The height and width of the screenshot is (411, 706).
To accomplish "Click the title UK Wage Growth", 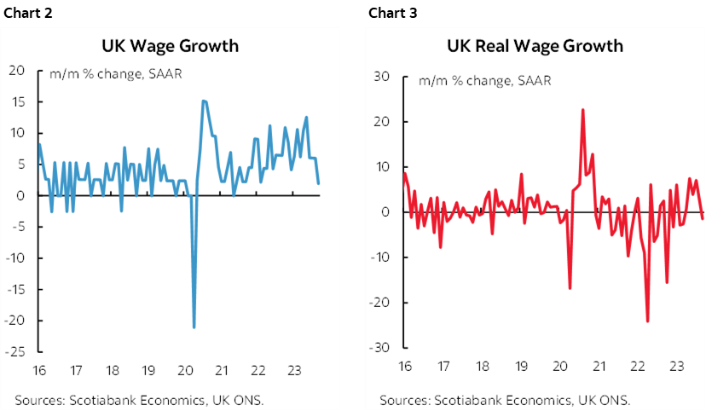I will (170, 45).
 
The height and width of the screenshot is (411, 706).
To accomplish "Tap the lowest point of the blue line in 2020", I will (194, 327).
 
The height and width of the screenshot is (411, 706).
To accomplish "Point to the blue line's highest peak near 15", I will (204, 101).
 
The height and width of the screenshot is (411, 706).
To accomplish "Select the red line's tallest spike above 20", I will (582, 109).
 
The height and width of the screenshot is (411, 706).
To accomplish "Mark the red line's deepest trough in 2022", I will (647, 321).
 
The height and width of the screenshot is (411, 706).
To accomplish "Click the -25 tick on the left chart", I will (16, 351).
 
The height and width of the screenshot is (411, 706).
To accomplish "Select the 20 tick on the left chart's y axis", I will (16, 70).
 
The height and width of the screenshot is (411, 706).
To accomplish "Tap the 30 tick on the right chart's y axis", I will (382, 76).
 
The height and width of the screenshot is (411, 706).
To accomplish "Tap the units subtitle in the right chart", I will (484, 81).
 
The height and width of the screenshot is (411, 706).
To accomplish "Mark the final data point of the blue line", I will (319, 183).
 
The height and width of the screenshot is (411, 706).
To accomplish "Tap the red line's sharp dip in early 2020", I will (570, 289).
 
